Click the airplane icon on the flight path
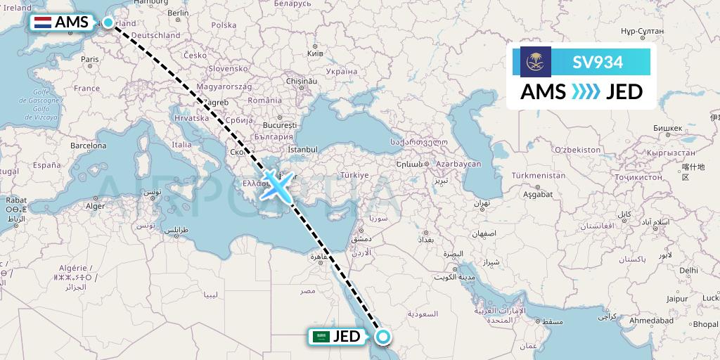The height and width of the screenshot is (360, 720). [277, 185]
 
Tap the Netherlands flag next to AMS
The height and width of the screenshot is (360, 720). [44, 22]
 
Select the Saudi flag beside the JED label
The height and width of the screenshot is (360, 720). [321, 337]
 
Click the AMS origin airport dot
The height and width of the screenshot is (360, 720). [108, 22]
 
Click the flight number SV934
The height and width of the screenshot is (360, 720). [598, 62]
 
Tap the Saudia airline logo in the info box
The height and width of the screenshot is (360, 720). [536, 62]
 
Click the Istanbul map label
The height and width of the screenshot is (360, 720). [303, 150]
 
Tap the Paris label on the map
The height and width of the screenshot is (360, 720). [89, 60]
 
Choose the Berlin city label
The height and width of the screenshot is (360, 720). [178, 13]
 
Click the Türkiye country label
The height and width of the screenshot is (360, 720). [354, 174]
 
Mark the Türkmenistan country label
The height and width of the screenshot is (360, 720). [539, 175]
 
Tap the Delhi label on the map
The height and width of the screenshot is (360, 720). [688, 270]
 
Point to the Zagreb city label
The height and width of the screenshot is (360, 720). [214, 102]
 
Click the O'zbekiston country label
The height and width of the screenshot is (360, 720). [577, 150]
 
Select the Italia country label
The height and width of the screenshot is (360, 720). [181, 145]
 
